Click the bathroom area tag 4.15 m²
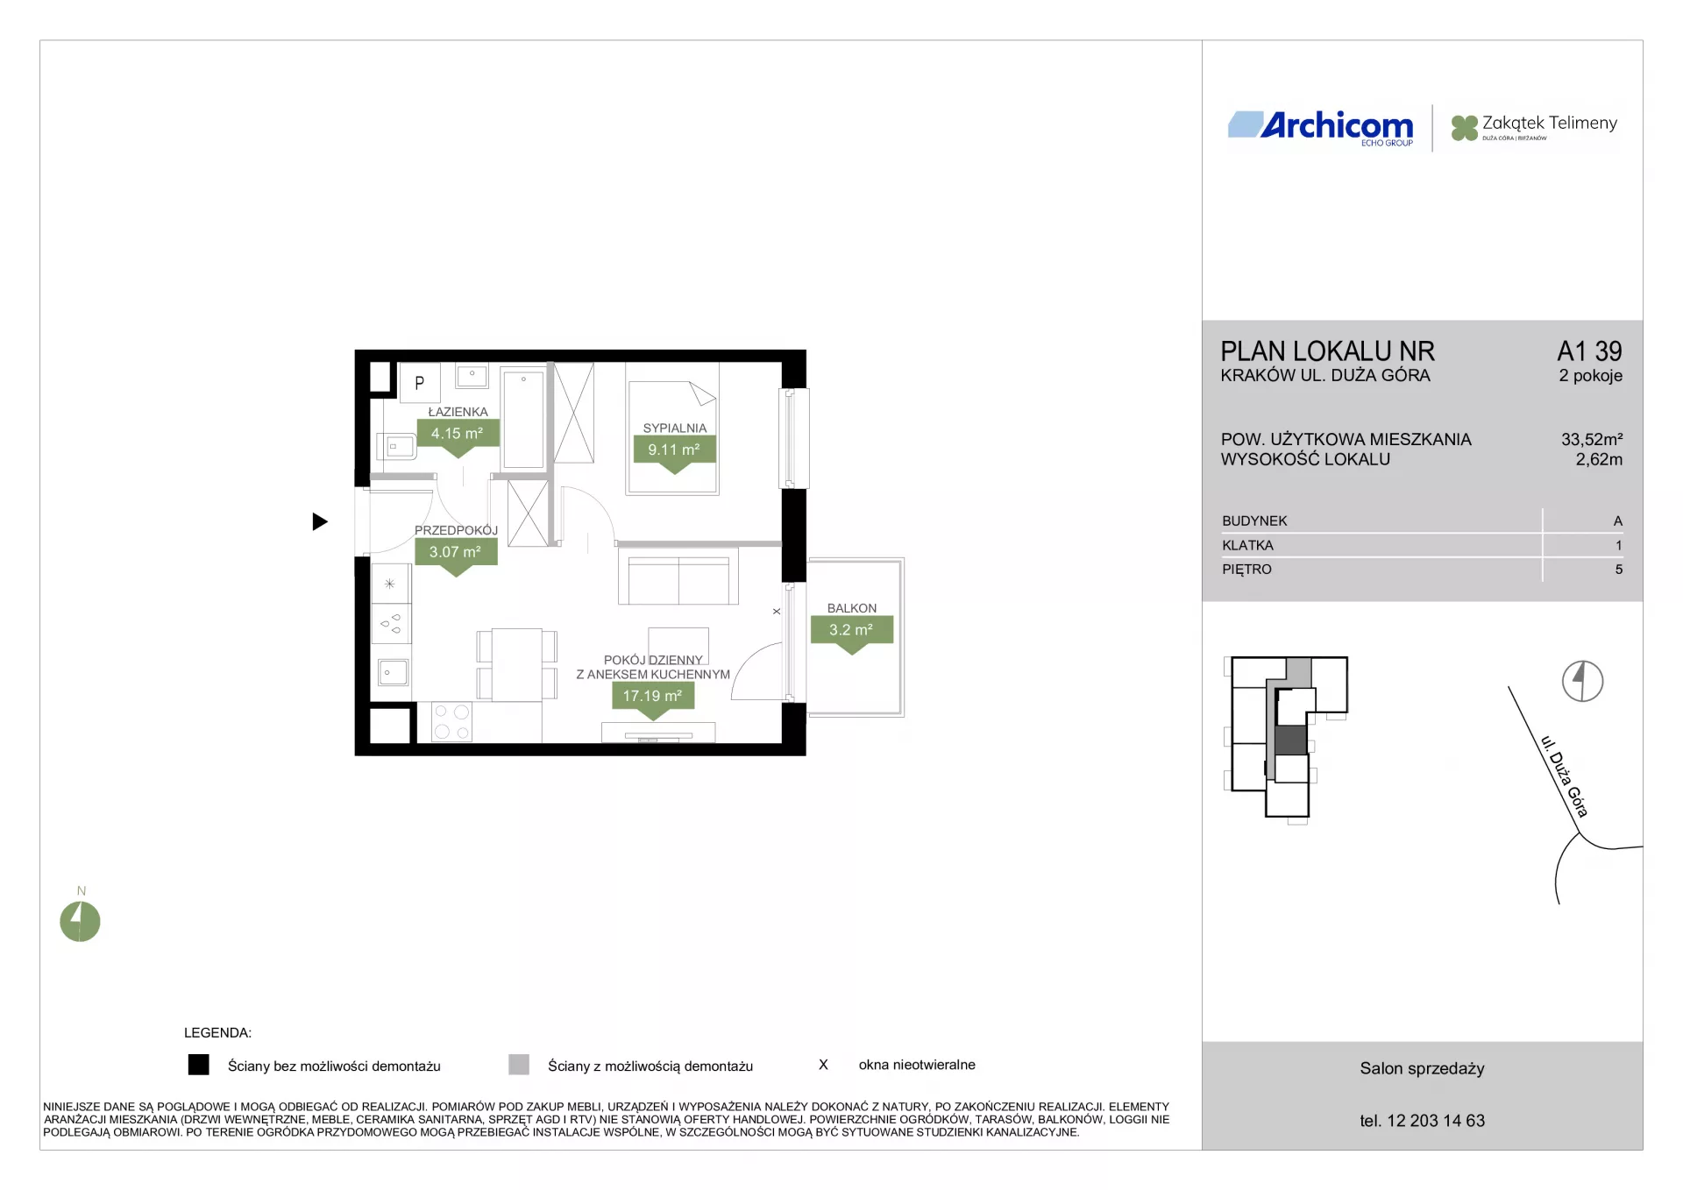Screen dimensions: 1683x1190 (458, 434)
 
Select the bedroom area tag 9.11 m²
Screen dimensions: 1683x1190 (674, 450)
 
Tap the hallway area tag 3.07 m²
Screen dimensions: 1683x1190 (456, 552)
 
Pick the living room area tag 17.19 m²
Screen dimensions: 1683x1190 (653, 696)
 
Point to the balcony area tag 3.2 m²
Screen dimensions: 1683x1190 (852, 630)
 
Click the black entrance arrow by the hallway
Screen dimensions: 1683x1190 (320, 522)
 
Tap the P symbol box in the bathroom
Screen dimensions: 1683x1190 (419, 383)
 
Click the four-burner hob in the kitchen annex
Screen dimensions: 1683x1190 (452, 722)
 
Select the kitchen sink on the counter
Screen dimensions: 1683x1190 (393, 672)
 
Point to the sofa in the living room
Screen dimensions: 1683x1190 (678, 576)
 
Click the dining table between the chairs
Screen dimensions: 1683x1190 (517, 665)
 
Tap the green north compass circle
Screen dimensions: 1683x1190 (80, 922)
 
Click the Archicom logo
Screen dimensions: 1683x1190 (1321, 128)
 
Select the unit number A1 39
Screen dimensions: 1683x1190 (1589, 351)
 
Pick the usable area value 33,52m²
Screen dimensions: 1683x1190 (1592, 439)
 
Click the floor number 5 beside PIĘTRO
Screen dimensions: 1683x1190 (1618, 570)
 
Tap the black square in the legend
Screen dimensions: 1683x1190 (199, 1065)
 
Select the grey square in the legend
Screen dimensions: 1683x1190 (519, 1065)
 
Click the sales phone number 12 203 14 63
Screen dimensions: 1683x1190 (1436, 1121)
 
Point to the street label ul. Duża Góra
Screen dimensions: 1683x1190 (1565, 776)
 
